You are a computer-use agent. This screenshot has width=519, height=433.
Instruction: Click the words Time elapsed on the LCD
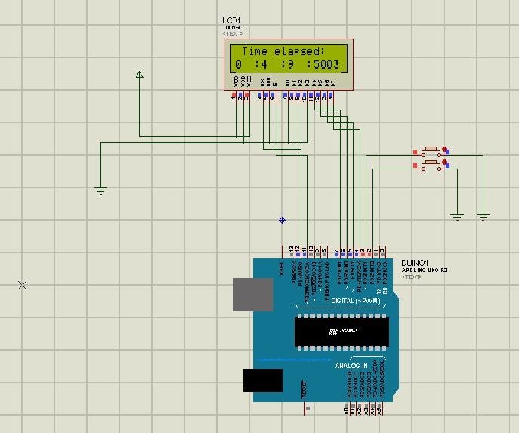click(283, 51)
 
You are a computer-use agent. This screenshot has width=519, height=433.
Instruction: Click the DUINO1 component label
click(415, 262)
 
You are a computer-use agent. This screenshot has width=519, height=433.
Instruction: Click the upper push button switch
click(431, 150)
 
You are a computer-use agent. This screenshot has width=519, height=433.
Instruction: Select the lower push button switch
click(431, 163)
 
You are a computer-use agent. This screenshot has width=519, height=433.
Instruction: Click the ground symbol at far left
click(100, 190)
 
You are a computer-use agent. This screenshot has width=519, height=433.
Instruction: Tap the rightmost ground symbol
click(483, 217)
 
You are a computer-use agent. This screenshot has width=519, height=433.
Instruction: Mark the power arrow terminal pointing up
click(139, 74)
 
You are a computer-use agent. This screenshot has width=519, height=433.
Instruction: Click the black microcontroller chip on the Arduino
click(341, 332)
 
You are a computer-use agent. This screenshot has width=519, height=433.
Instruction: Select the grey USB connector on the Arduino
click(253, 294)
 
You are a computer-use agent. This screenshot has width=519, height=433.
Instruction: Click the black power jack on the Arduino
click(262, 379)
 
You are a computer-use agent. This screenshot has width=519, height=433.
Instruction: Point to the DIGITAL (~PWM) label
click(356, 302)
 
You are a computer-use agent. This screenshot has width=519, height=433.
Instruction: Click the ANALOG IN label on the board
click(351, 366)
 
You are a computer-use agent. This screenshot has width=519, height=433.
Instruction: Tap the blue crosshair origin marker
click(282, 220)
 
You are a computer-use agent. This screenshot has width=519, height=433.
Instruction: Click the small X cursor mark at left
click(22, 285)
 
